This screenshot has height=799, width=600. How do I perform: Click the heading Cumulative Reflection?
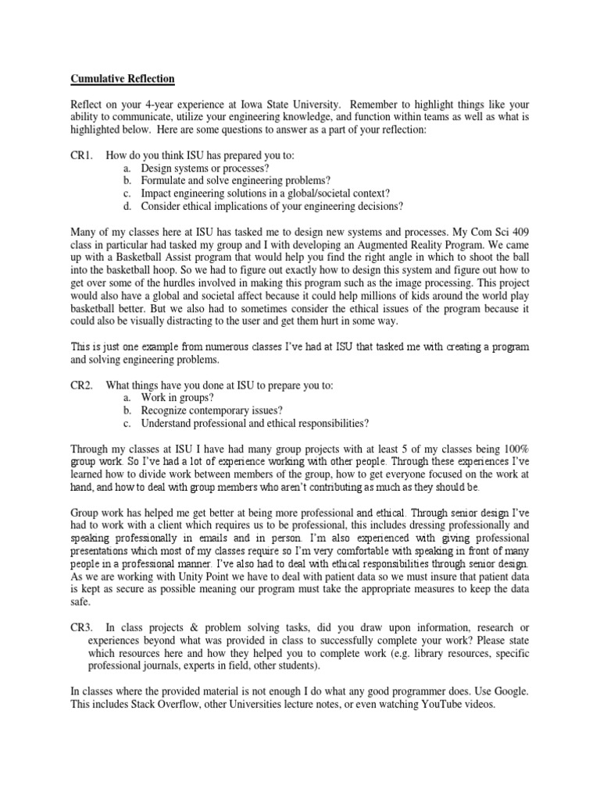coord(123,79)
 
